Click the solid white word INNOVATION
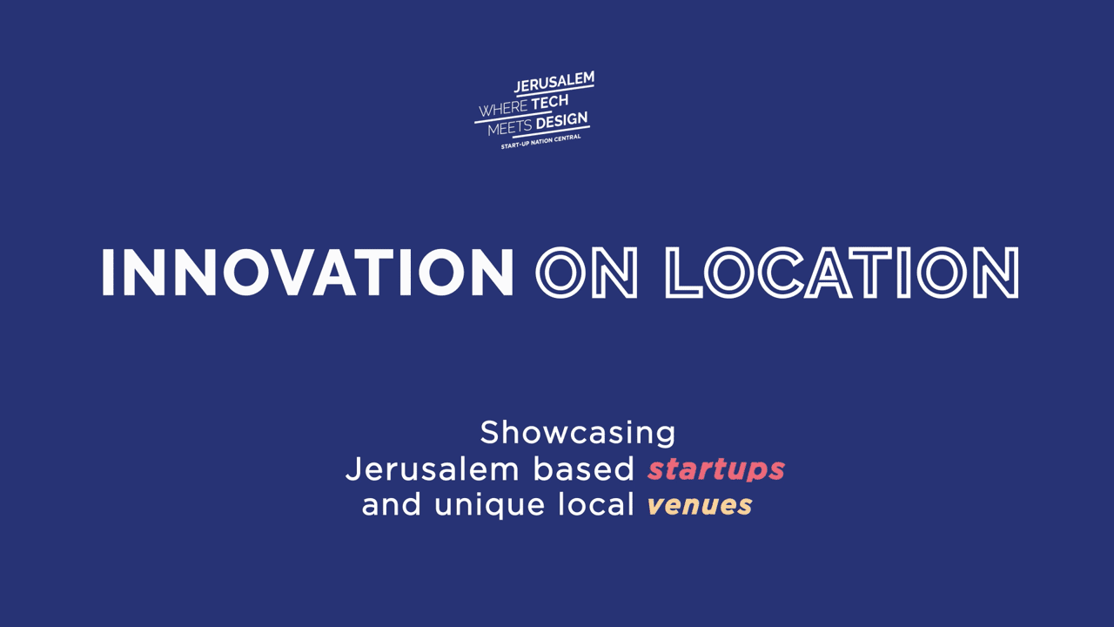tap(307, 273)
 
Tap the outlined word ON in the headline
tap(587, 273)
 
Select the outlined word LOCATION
tap(842, 273)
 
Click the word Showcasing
tap(578, 433)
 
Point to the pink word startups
tap(716, 469)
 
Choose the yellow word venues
tap(700, 506)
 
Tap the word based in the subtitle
tap(584, 469)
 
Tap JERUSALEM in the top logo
tap(554, 82)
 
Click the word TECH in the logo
tap(550, 103)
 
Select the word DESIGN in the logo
tap(562, 121)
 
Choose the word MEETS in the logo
tap(510, 128)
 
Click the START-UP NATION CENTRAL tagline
tap(540, 141)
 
